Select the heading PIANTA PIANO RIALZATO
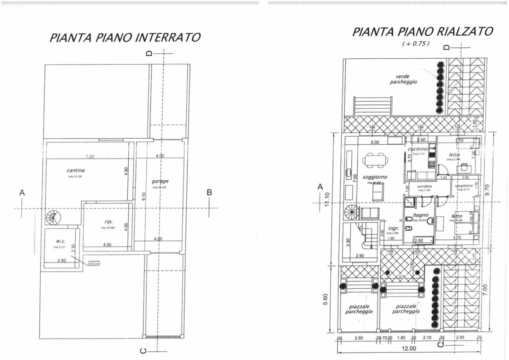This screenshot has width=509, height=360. click(x=422, y=31)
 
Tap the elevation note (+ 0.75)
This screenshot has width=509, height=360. click(x=416, y=44)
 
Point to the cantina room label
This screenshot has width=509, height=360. click(x=76, y=170)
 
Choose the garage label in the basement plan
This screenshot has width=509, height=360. click(x=160, y=181)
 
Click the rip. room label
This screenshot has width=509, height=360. click(x=109, y=222)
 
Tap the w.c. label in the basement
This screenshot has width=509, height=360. click(x=61, y=241)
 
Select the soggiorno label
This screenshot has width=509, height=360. click(x=375, y=177)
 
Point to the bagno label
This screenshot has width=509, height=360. click(x=420, y=215)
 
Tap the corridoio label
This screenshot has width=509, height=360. click(x=424, y=186)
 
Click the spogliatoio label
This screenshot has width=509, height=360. click(x=464, y=186)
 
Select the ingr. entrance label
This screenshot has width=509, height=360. click(x=393, y=228)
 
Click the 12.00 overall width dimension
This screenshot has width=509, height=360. click(x=409, y=348)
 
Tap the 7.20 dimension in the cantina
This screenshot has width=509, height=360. click(x=89, y=156)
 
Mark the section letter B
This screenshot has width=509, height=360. click(x=209, y=192)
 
